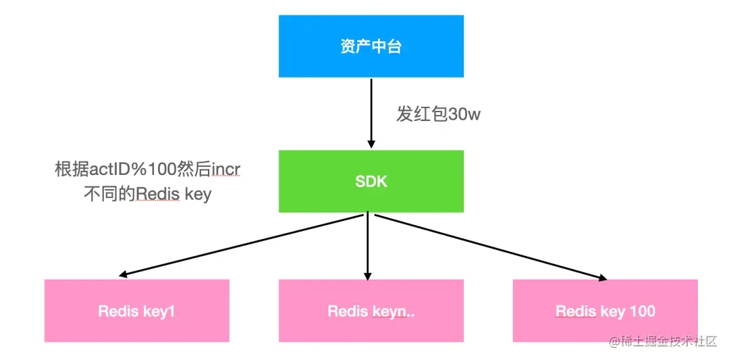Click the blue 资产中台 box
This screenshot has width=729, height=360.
click(371, 46)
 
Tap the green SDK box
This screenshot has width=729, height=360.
click(371, 181)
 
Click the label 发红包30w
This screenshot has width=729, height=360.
click(438, 114)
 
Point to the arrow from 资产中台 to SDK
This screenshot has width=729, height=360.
click(371, 111)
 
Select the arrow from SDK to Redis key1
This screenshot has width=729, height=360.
click(243, 246)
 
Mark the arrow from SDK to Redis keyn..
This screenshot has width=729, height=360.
click(368, 246)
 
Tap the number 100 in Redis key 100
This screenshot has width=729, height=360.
click(641, 311)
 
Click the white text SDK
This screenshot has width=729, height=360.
click(371, 181)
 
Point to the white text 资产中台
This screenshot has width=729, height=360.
click(371, 47)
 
